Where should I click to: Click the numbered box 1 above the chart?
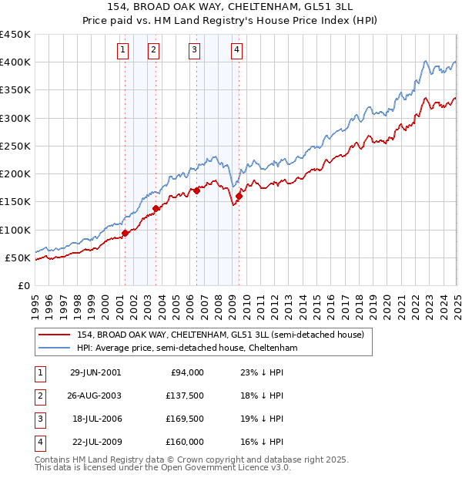(x=123, y=51)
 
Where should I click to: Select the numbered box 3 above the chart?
(x=194, y=51)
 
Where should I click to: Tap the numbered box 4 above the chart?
(x=236, y=51)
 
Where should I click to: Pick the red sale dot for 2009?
(x=239, y=196)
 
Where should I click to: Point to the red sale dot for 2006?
(x=196, y=190)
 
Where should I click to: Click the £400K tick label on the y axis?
(x=15, y=62)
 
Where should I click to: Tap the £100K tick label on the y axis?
(x=15, y=230)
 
